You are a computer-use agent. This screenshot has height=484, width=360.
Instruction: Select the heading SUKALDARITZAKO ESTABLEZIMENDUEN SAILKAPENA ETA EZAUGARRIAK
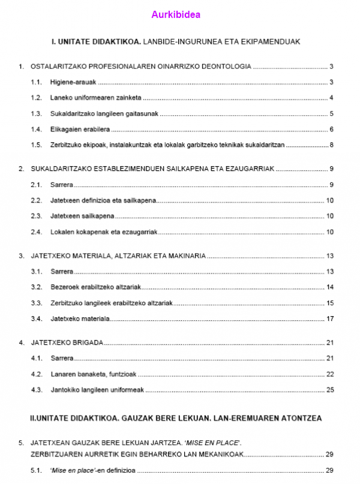152,169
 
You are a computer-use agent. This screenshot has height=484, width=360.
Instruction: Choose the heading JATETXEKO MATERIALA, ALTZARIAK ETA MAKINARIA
118,256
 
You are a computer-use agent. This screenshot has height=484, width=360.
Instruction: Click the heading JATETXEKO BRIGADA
67,343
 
